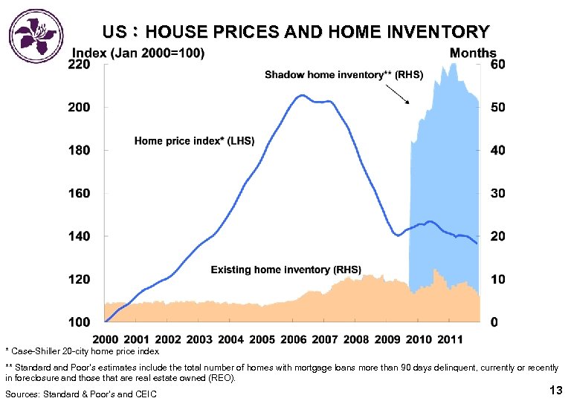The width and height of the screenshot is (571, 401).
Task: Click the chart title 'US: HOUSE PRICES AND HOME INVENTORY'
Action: [296, 32]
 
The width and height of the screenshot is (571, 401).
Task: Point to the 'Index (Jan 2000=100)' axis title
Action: [138, 53]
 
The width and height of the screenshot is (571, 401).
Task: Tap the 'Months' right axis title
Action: [473, 53]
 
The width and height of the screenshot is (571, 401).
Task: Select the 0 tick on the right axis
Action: [494, 322]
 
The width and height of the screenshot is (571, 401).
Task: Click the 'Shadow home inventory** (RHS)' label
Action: [343, 74]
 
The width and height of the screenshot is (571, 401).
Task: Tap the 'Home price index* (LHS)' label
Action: [194, 140]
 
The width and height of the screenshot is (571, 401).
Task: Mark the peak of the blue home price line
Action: [302, 95]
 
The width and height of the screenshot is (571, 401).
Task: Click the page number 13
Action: [554, 390]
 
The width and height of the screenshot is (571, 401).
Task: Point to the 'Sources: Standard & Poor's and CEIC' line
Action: [81, 394]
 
